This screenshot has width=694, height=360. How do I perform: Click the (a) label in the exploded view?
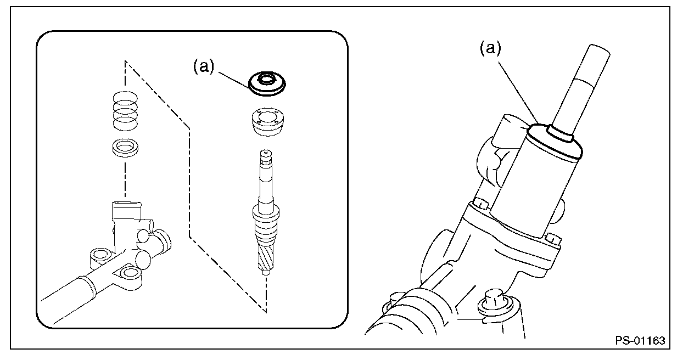[203, 66]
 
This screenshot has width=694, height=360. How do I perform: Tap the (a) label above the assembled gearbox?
[490, 49]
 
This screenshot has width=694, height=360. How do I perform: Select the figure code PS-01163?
[640, 340]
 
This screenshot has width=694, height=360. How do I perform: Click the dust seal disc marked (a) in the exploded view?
[268, 83]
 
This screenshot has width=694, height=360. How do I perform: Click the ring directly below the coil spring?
[125, 147]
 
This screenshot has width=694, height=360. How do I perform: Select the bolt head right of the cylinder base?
[553, 239]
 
